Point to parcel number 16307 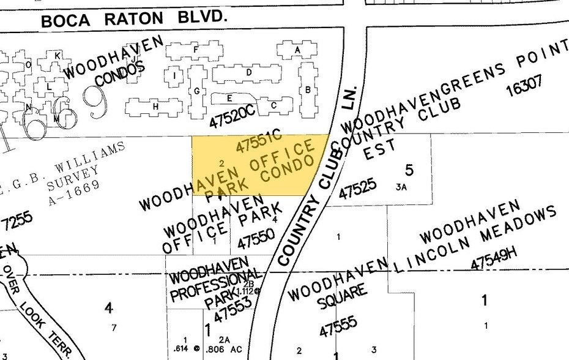click(524, 85)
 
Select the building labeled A click(297, 50)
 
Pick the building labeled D click(249, 72)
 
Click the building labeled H click(155, 107)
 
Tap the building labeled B click(308, 90)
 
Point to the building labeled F click(196, 50)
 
